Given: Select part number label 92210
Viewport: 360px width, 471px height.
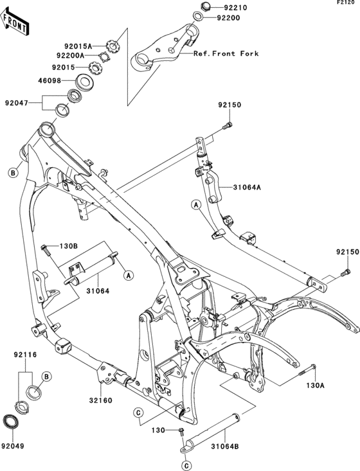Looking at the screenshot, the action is (x=235, y=8).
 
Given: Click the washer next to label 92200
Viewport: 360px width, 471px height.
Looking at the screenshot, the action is (x=197, y=16).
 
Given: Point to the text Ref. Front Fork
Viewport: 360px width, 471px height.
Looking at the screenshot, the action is (x=226, y=53).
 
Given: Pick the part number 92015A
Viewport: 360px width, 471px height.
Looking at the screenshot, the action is (x=78, y=46).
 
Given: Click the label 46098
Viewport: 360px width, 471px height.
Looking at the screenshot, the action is (x=50, y=80).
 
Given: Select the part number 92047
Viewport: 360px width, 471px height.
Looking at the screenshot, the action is (x=16, y=103).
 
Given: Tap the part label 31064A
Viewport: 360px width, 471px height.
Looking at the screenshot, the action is (x=247, y=188).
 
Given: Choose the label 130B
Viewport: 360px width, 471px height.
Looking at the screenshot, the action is (x=69, y=246).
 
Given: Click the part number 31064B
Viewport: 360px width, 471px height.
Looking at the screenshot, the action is (x=225, y=447).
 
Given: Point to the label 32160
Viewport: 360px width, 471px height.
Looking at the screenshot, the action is (x=101, y=400).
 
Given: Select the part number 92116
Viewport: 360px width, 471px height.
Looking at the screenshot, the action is (x=25, y=355).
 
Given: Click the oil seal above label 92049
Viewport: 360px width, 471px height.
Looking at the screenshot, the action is (x=10, y=421).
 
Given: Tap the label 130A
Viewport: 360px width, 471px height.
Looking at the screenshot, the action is (x=316, y=386).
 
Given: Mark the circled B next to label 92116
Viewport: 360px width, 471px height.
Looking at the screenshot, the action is (x=46, y=377).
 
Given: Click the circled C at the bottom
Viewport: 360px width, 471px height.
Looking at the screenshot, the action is (x=186, y=466).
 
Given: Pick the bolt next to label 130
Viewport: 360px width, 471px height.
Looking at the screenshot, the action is (x=181, y=432).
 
